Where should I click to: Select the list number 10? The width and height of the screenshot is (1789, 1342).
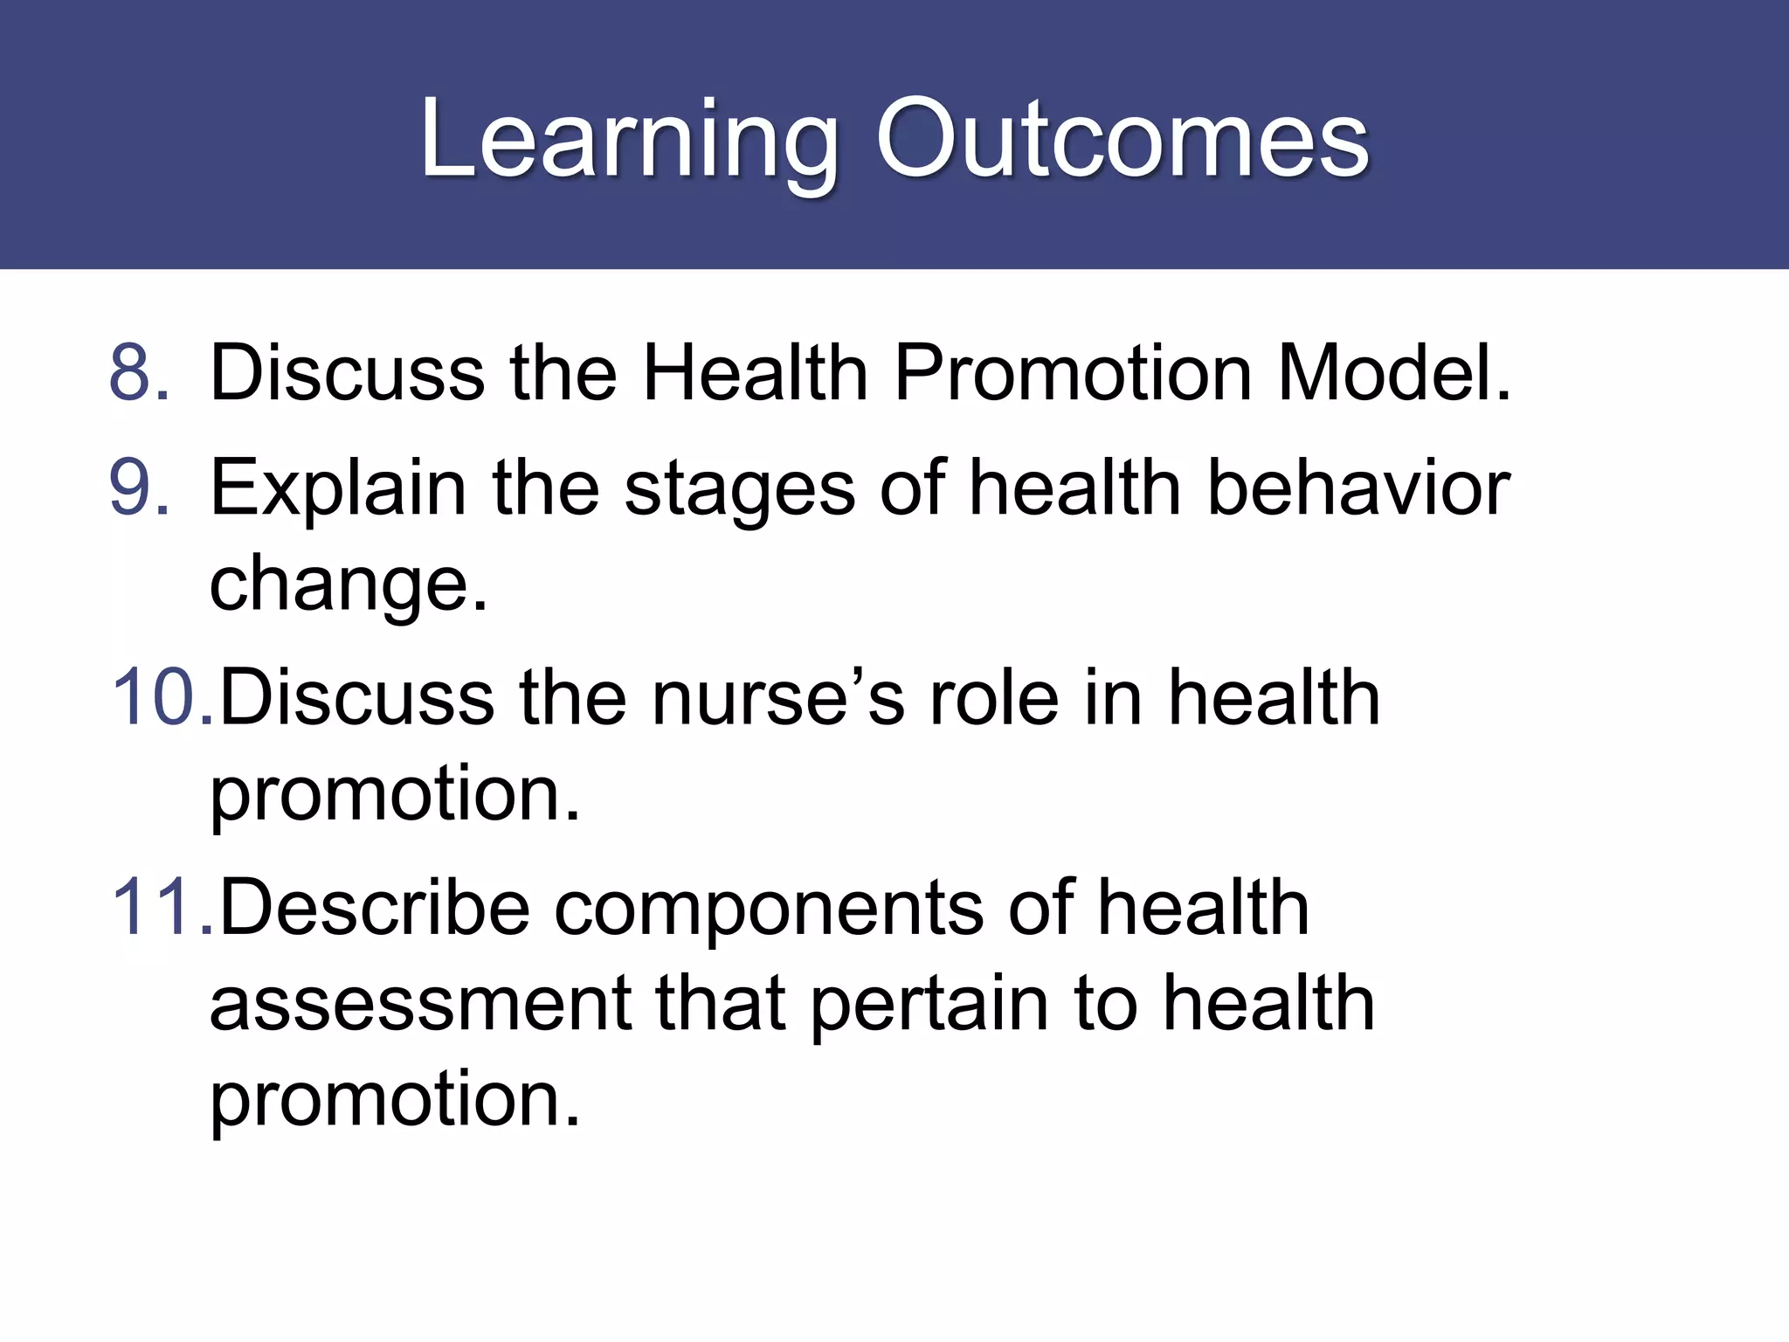pos(162,697)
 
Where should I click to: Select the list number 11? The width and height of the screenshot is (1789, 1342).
pos(162,908)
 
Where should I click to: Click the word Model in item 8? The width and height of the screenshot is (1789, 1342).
pos(1393,373)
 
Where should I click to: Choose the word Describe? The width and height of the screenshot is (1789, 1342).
pos(375,908)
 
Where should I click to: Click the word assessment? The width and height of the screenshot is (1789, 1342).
pos(420,1005)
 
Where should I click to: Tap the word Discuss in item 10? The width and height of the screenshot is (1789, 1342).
pos(357,697)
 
